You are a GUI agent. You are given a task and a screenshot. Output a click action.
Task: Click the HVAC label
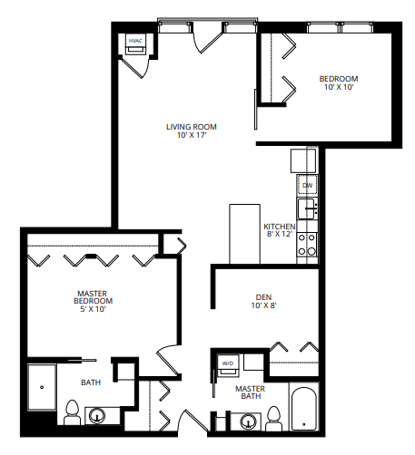135,41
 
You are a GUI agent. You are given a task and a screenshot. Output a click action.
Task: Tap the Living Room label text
192,126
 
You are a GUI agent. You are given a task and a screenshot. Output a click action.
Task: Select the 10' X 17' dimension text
192,135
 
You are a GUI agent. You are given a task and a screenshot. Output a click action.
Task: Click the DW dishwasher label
307,185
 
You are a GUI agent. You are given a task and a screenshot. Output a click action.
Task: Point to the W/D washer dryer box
226,364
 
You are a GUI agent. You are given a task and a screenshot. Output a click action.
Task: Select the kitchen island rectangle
244,233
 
